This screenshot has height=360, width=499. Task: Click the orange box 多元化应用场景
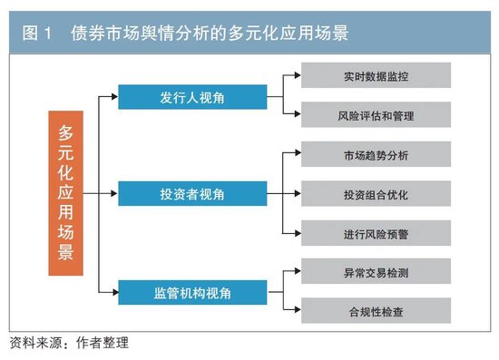pyautogui.click(x=66, y=193)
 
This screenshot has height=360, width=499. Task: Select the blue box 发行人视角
pyautogui.click(x=192, y=96)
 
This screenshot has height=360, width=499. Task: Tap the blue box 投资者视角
pyautogui.click(x=192, y=193)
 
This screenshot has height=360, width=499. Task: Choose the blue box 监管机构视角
pyautogui.click(x=192, y=291)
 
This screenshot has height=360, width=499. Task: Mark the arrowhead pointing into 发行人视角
pyautogui.click(x=114, y=96)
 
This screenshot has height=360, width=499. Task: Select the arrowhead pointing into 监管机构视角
pyautogui.click(x=114, y=291)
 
